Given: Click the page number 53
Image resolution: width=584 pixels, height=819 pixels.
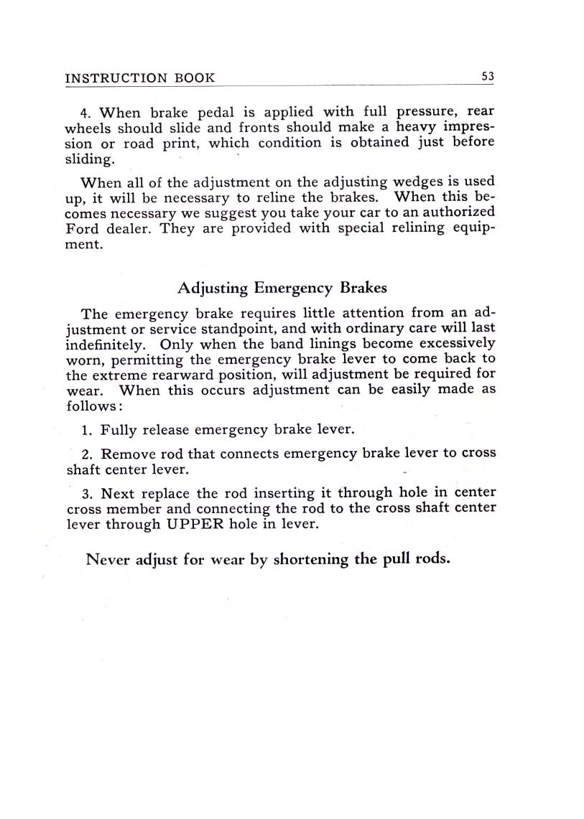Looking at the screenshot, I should click(487, 77).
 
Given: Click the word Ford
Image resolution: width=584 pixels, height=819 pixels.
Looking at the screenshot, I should click(81, 229).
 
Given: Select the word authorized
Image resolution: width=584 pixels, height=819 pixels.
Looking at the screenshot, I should click(460, 213).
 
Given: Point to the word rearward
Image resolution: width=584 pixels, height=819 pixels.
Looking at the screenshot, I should click(175, 375).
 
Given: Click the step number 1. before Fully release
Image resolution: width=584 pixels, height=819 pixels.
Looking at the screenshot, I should click(88, 431).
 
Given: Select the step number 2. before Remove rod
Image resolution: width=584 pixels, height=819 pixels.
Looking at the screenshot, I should click(88, 454).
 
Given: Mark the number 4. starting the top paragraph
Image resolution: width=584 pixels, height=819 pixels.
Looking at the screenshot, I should click(87, 113).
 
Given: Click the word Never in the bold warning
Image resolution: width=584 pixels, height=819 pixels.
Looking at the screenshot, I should click(106, 559).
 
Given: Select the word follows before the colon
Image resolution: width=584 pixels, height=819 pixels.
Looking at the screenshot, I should click(90, 406).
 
